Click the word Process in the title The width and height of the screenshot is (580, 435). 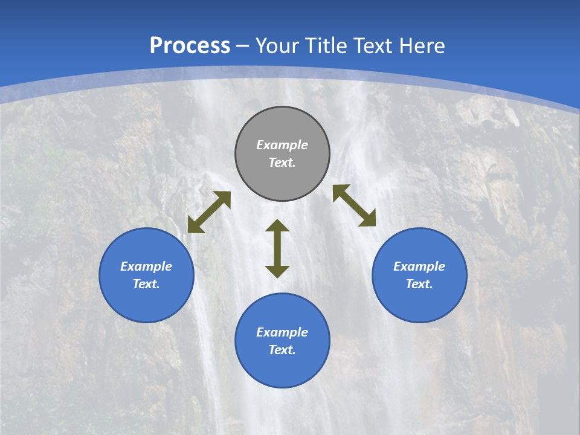coord(190,46)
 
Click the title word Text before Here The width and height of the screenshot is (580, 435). coord(374,46)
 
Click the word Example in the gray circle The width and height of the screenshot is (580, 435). coord(282,145)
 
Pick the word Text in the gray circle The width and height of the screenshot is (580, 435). coord(282,163)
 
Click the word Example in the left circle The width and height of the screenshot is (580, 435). coord(146,266)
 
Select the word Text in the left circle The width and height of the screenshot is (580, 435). coord(146,284)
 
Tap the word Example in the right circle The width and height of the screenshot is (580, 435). coord(419,266)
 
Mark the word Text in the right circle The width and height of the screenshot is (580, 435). coord(419,284)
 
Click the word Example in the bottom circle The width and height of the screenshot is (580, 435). coord(282,332)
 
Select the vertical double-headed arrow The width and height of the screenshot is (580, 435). coord(277,248)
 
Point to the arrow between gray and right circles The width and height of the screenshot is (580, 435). coord(354,205)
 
